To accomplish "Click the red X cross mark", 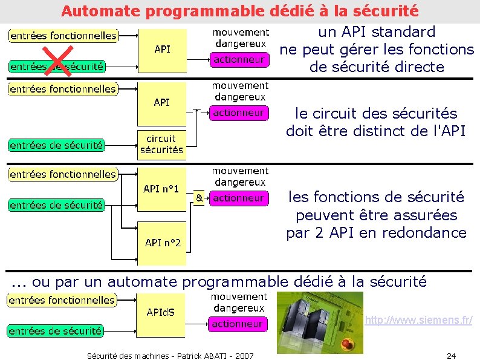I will (x=59, y=61).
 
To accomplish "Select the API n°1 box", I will (x=161, y=190).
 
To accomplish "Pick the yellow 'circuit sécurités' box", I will (x=161, y=145).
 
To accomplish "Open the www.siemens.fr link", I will (x=418, y=319).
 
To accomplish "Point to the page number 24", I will (x=451, y=355).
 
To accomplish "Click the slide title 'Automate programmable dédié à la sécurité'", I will (x=239, y=11).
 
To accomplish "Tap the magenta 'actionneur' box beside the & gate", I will (x=239, y=198).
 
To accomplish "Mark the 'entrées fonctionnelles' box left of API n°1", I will (x=63, y=174).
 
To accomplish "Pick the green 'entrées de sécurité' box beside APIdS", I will (x=55, y=331).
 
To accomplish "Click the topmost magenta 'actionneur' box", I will (x=239, y=59).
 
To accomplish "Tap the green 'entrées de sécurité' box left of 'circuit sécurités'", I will (x=56, y=145).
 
